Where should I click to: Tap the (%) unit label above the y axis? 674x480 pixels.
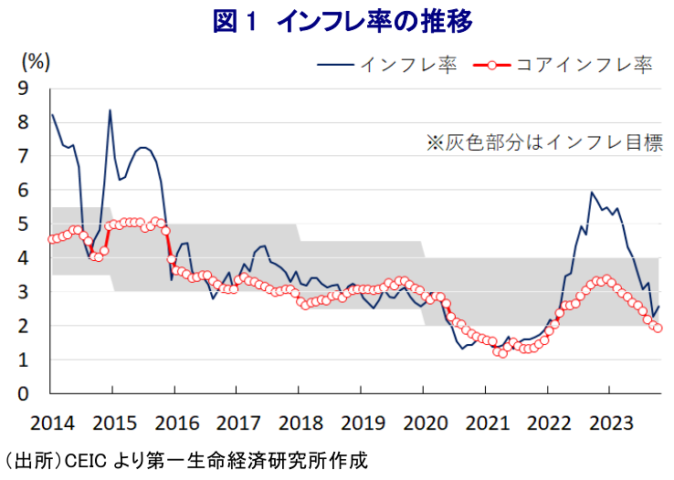[x=35, y=62]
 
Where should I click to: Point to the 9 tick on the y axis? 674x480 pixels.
[x=23, y=89]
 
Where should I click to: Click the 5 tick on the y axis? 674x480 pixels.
[x=23, y=224]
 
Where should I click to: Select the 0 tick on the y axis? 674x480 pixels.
[x=23, y=394]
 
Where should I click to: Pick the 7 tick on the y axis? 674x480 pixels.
[x=23, y=156]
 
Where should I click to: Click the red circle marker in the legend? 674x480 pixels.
[x=493, y=66]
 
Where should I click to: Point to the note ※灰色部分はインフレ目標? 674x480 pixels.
[x=543, y=142]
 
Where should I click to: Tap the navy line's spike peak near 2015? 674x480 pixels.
[x=111, y=110]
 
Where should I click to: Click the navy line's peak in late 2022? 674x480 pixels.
[x=592, y=193]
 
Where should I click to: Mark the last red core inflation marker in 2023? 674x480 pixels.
[x=658, y=329]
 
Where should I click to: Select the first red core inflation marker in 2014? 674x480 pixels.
[x=51, y=240]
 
